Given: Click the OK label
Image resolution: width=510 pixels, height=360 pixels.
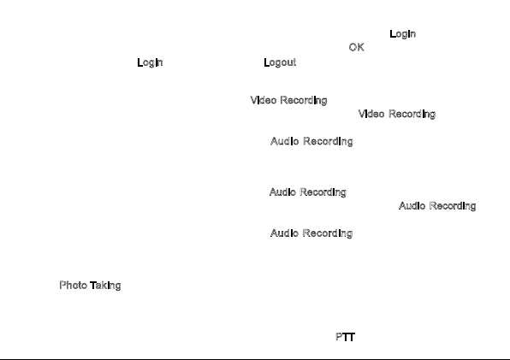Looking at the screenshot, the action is [x=357, y=47].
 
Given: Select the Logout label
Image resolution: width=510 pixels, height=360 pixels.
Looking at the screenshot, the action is [x=280, y=62].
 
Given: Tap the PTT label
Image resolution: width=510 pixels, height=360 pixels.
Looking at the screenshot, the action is [x=345, y=337].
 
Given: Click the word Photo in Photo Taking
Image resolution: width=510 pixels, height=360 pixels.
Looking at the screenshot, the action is [x=74, y=285].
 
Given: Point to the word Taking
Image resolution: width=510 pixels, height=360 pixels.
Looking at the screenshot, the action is [x=105, y=286].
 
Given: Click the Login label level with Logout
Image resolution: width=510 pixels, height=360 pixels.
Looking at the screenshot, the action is [x=150, y=62].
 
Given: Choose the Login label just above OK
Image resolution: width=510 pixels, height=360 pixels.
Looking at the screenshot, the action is [x=403, y=34].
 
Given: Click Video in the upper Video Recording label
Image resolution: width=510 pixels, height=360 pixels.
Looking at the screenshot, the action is [x=264, y=100].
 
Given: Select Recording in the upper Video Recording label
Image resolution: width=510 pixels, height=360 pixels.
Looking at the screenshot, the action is [x=304, y=100].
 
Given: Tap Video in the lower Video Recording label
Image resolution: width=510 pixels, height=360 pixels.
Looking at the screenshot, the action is [x=371, y=114].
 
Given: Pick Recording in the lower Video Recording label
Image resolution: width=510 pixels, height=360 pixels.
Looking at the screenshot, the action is [x=412, y=114].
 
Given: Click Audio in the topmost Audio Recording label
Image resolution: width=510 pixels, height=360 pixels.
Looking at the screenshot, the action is [x=285, y=141].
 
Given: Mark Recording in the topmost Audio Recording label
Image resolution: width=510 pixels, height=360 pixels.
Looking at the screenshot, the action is [x=329, y=141].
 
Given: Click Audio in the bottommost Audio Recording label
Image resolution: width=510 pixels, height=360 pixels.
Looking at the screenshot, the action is [x=284, y=233].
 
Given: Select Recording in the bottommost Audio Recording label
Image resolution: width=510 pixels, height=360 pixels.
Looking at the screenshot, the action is [x=328, y=233].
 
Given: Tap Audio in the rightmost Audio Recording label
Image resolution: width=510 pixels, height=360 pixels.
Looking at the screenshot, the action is [x=412, y=206].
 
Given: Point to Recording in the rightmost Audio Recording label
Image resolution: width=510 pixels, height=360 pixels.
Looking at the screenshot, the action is [x=453, y=206].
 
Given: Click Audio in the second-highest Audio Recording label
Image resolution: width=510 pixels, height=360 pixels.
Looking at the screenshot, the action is [x=282, y=192].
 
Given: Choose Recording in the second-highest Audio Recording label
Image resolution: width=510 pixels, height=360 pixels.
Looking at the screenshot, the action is [x=323, y=192].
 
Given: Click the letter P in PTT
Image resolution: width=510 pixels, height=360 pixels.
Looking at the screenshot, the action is [x=338, y=337].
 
